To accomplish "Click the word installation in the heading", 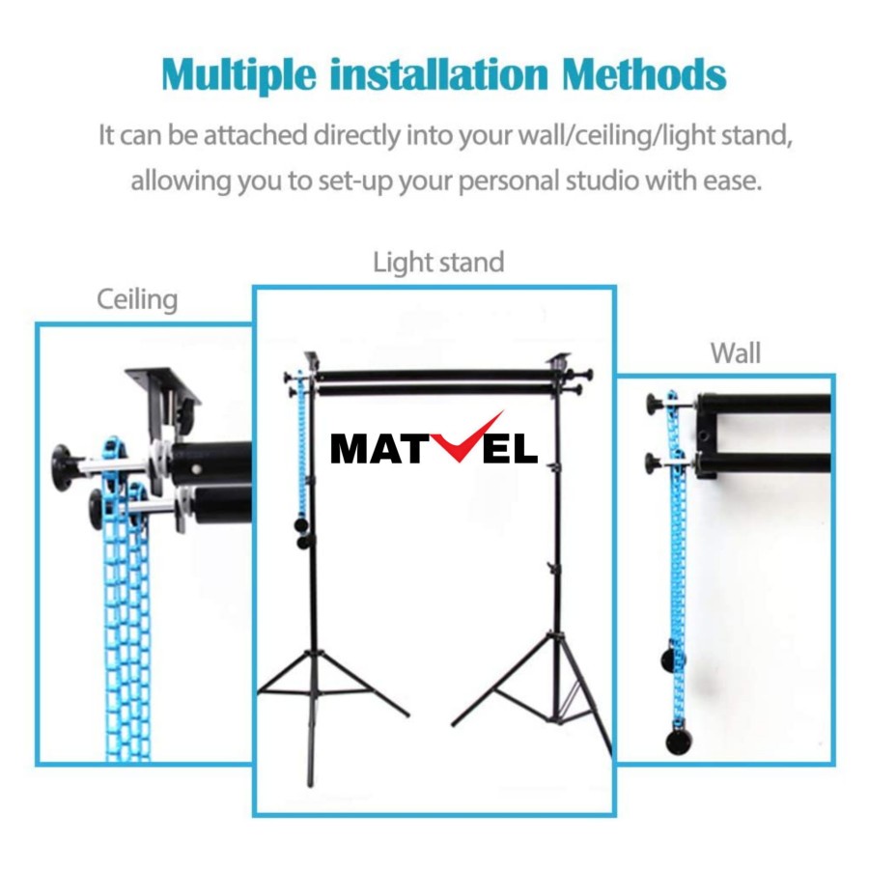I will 440,75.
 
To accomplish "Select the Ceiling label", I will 137,299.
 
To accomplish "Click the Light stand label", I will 438,262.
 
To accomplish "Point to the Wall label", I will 736,353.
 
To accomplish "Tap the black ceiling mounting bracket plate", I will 163,386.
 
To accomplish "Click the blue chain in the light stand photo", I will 301,444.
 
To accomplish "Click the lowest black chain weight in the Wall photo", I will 679,742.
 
